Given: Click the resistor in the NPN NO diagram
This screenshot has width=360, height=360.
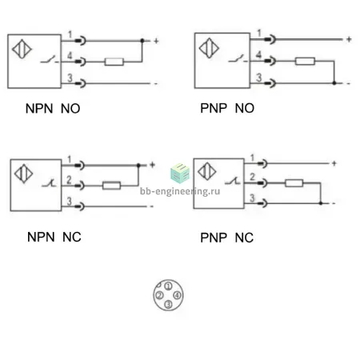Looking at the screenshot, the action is (114, 62).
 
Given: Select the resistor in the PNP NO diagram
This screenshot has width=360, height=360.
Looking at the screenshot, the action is (305, 61).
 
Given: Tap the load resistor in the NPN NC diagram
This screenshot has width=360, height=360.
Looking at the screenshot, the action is (111, 186).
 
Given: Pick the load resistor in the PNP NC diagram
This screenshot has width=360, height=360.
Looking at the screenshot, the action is (294, 183).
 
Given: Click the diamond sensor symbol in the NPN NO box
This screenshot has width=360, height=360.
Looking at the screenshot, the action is (22, 49).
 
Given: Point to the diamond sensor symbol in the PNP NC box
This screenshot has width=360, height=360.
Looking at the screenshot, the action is (207, 171).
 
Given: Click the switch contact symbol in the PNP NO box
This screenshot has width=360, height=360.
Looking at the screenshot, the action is (237, 59).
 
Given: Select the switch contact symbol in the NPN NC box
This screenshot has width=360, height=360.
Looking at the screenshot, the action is (49, 183).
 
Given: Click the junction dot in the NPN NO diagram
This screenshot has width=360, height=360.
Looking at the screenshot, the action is (142, 41).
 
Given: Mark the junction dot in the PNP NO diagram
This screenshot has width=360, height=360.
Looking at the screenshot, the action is (334, 83).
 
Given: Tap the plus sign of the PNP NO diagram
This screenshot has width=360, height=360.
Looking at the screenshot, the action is (349, 39).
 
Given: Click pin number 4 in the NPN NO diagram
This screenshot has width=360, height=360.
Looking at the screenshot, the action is (70, 55).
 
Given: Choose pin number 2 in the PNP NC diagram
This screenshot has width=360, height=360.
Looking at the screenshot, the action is (252, 177).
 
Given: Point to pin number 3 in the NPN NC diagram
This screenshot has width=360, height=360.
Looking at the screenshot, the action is (69, 201).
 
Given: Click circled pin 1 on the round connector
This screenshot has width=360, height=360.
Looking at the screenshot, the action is (168, 286).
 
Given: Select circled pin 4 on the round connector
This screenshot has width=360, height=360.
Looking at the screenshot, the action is (178, 295).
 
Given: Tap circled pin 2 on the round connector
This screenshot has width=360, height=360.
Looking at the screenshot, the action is (159, 295).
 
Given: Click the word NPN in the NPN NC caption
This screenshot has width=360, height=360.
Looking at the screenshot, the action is (41, 237).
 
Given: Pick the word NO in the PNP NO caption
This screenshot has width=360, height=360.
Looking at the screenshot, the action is (245, 108).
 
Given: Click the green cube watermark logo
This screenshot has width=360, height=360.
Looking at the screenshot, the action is (180, 173).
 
